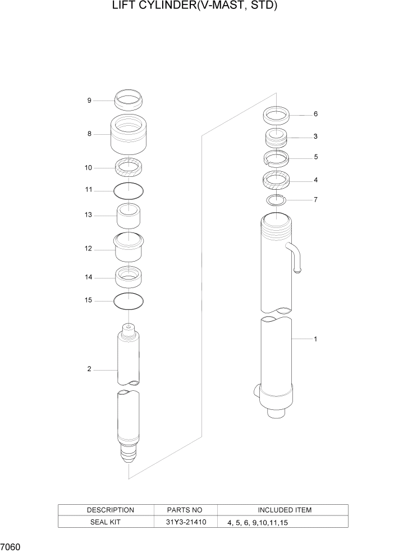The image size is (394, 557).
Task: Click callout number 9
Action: (89, 101)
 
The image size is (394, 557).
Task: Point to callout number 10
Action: (89, 167)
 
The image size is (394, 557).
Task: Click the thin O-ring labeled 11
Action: (129, 191)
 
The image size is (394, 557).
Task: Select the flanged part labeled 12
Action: (129, 248)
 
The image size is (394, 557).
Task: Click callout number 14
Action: (89, 277)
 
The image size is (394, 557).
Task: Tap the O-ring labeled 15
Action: (129, 301)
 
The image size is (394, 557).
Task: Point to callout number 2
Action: (89, 369)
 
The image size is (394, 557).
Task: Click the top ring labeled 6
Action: (276, 116)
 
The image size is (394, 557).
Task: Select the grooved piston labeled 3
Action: (276, 138)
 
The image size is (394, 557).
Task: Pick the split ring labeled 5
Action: (276, 158)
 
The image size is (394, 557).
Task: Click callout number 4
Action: (316, 180)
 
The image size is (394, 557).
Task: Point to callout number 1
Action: (316, 339)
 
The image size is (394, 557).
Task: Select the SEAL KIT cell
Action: (110, 522)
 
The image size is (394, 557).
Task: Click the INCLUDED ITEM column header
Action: (284, 510)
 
